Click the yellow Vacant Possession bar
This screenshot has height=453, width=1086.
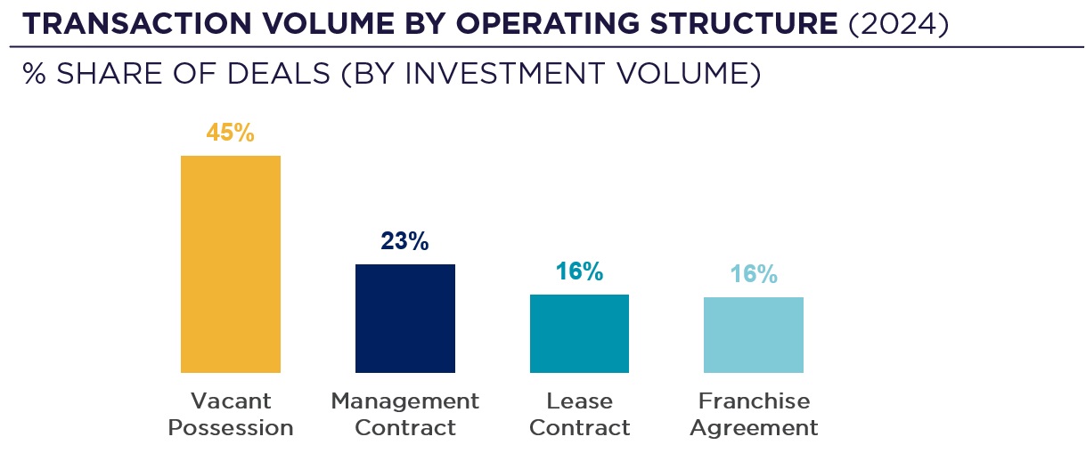(230, 263)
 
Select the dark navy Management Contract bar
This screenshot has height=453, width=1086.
(404, 318)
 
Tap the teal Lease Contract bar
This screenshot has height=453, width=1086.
(579, 333)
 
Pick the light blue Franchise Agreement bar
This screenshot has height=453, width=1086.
(753, 335)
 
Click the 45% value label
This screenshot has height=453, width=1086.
(230, 133)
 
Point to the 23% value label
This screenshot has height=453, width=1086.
(404, 241)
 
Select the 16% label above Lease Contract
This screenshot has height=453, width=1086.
(579, 271)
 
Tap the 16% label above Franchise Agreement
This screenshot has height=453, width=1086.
(753, 274)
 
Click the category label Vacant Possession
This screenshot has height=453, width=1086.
(230, 414)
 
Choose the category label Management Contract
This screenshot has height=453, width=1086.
(404, 414)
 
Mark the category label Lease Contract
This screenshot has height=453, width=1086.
(579, 414)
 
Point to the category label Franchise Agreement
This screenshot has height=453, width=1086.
(754, 414)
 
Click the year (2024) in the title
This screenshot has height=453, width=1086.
(898, 24)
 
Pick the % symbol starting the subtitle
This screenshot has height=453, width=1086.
(34, 74)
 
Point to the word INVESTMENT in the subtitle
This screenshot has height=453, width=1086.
(498, 74)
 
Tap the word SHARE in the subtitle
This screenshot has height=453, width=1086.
(99, 74)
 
